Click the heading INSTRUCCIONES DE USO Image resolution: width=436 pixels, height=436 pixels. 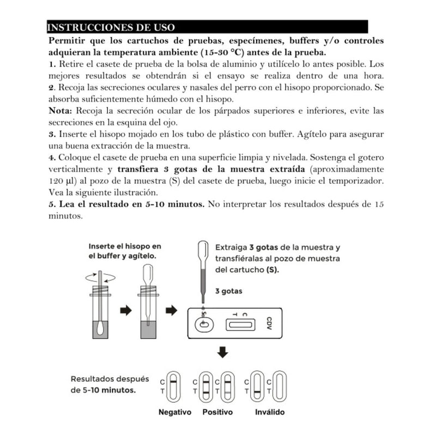(111, 27)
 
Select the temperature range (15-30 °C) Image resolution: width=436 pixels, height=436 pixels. (211, 52)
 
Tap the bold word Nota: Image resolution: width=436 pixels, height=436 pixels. (63, 111)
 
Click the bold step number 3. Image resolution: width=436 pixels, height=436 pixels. (51, 134)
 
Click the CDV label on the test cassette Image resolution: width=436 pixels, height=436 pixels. (269, 324)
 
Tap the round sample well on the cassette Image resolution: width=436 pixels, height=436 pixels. (204, 324)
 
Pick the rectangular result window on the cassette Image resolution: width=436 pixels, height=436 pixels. (240, 325)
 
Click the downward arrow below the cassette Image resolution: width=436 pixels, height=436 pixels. (222, 353)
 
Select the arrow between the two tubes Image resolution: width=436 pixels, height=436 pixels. (126, 310)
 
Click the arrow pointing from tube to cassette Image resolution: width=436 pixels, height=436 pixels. (172, 310)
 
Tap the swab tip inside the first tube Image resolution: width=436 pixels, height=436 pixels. (101, 329)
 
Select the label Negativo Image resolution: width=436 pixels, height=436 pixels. (174, 413)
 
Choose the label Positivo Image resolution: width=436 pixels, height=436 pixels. (217, 413)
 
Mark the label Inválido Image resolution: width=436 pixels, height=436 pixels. (270, 413)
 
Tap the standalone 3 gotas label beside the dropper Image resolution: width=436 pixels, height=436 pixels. (229, 291)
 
